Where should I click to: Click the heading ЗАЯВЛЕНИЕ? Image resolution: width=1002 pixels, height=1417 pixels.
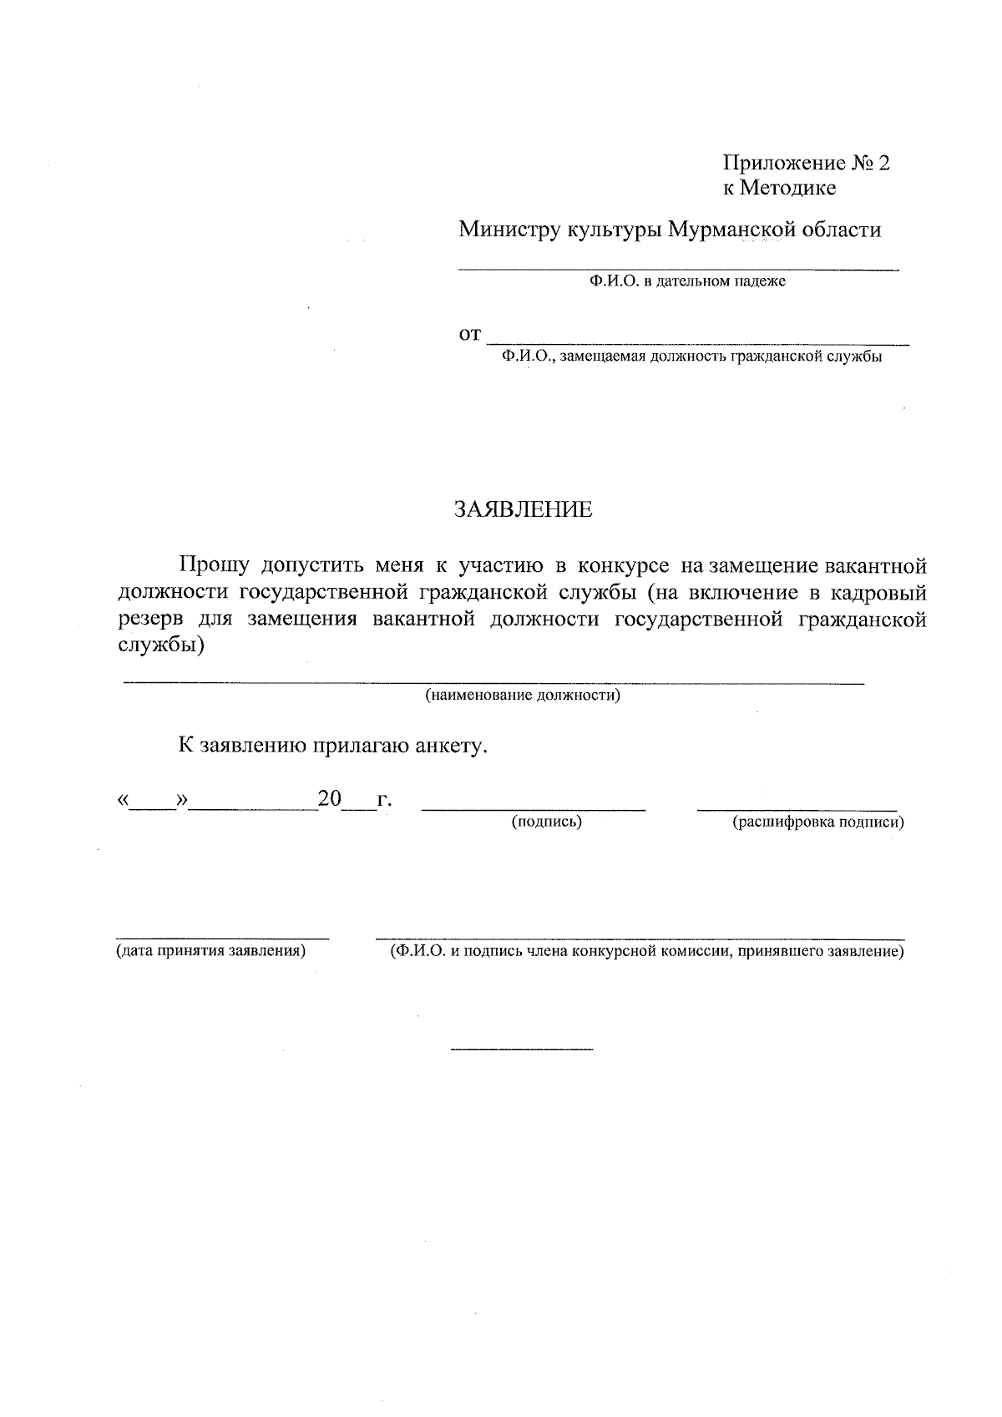523,510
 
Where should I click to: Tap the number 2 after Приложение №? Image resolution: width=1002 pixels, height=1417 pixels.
883,163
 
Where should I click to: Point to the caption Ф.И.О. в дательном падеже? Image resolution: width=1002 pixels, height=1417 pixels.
686,281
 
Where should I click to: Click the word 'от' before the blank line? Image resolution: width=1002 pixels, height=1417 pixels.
470,336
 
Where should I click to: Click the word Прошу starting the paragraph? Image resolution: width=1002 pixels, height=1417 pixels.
213,566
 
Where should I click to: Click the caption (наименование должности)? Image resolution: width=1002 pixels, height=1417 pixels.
523,696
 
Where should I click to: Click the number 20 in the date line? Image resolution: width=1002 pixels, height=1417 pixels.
330,800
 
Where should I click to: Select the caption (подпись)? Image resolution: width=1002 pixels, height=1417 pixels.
546,822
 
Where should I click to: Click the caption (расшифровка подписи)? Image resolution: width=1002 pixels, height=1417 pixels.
817,822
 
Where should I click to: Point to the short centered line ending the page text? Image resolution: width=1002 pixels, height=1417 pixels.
521,1048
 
